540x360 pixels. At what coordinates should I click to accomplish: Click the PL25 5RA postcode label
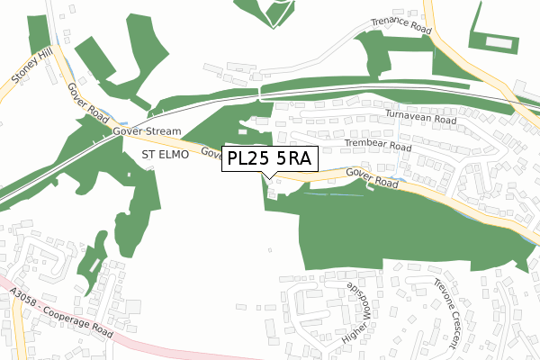270,157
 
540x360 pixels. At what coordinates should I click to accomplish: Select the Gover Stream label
148,130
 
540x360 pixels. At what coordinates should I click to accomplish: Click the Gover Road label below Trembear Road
372,178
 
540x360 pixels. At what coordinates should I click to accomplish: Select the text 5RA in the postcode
292,157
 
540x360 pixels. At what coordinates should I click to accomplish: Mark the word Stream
165,130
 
